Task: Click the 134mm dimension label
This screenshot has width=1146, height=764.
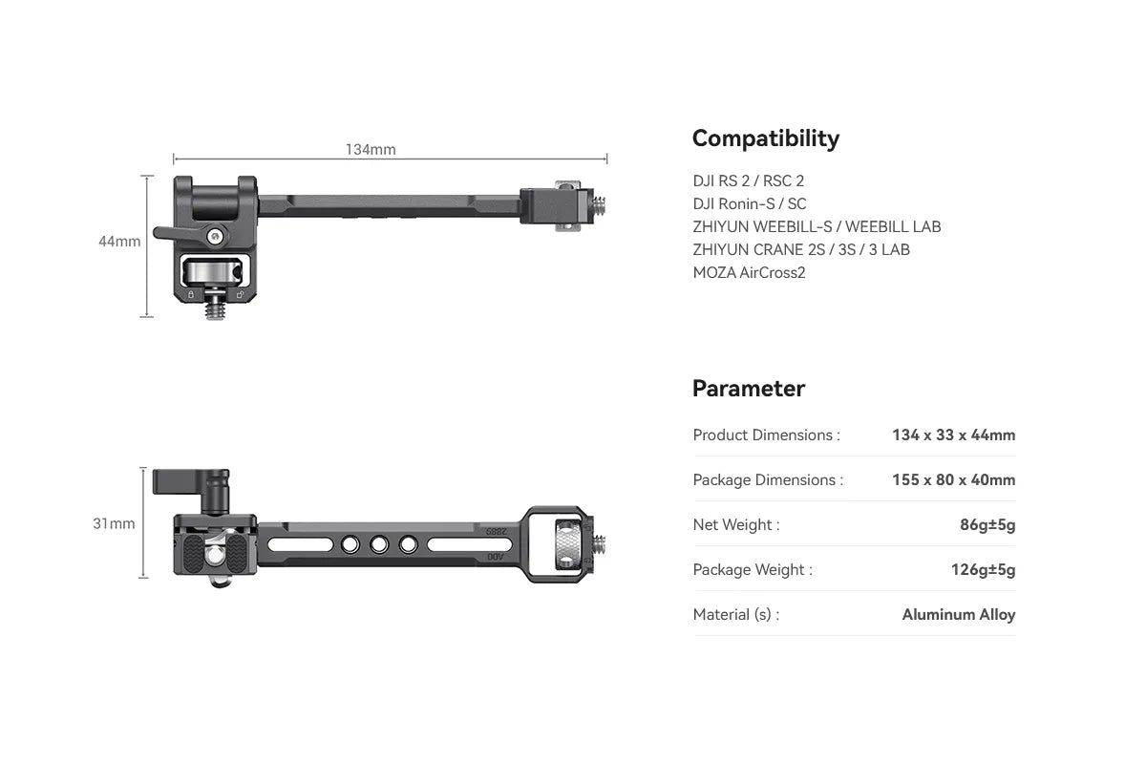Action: tap(371, 150)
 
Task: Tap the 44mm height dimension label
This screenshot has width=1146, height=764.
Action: tap(119, 242)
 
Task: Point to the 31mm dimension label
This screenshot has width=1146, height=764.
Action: tap(114, 523)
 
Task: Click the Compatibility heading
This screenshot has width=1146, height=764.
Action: tap(765, 138)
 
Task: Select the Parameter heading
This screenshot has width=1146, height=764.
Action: tap(748, 389)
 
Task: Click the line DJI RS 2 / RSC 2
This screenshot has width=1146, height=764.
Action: tap(749, 180)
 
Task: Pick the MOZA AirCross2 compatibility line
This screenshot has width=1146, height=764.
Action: tap(749, 272)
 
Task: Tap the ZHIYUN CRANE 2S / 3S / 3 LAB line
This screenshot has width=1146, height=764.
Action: tap(801, 249)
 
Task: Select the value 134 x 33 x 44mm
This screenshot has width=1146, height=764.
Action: tap(953, 435)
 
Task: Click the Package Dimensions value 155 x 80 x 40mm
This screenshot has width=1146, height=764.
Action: tap(953, 480)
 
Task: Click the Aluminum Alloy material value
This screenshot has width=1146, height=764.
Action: tap(958, 615)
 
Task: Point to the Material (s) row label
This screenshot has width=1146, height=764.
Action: tap(735, 615)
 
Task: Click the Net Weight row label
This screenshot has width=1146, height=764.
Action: tap(735, 525)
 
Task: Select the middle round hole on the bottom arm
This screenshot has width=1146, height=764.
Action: tap(379, 545)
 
